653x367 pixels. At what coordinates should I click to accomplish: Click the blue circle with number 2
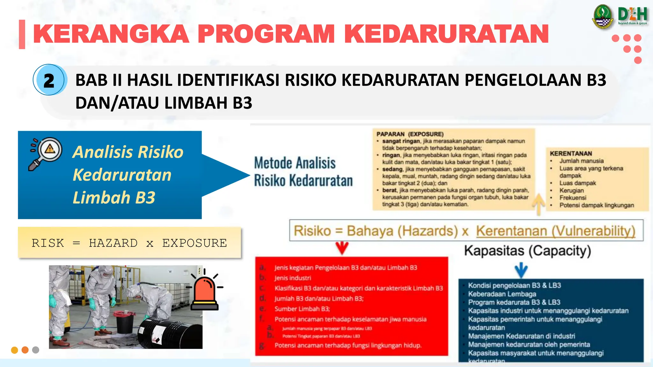click(x=49, y=80)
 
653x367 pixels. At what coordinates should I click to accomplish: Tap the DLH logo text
click(x=633, y=15)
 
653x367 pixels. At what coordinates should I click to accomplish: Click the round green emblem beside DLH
click(x=603, y=17)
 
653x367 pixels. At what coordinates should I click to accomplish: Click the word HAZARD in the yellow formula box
click(x=113, y=243)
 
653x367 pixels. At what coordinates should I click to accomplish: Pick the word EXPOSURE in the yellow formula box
click(x=194, y=243)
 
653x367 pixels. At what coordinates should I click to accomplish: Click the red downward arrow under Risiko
click(x=342, y=248)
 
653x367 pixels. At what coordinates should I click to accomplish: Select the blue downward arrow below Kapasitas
click(x=521, y=270)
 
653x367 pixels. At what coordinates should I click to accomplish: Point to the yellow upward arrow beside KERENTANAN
click(x=539, y=204)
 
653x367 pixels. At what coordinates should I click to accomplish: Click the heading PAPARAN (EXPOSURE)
click(x=410, y=134)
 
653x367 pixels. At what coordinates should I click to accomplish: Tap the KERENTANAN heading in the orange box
click(x=571, y=153)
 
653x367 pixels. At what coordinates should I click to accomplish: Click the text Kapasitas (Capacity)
click(x=527, y=251)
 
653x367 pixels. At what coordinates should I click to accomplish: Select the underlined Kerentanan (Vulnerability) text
click(x=555, y=231)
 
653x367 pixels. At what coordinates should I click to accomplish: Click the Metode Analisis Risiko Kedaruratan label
click(x=303, y=171)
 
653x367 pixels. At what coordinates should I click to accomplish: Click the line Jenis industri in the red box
click(x=293, y=278)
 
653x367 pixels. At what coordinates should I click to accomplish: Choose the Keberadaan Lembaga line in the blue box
click(x=502, y=294)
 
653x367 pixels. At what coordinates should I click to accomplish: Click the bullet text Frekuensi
click(x=573, y=198)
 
